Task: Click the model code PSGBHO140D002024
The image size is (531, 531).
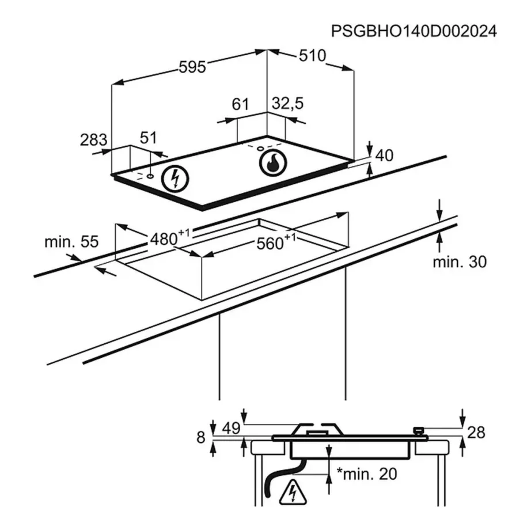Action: [x=413, y=32]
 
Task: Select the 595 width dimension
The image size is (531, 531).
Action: [x=192, y=67]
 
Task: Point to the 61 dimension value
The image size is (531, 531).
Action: [x=240, y=104]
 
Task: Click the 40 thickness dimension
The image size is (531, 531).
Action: [x=384, y=155]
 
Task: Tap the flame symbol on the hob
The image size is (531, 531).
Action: [x=271, y=164]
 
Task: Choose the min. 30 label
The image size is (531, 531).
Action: [x=460, y=261]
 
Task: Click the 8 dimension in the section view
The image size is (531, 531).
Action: [x=200, y=438]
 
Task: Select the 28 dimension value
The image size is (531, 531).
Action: [x=477, y=432]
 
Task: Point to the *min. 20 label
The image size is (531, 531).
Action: [x=367, y=474]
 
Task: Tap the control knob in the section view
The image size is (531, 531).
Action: [x=419, y=430]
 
